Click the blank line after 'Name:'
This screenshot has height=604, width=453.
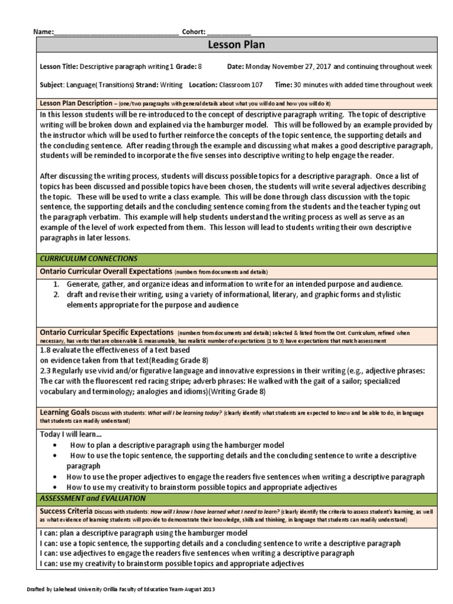[x=116, y=32]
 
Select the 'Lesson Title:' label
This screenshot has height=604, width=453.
[x=59, y=67]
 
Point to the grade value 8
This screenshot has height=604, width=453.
[x=200, y=67]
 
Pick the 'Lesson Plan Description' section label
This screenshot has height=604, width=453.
[x=75, y=103]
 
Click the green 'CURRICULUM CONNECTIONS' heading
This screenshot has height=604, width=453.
[x=88, y=258]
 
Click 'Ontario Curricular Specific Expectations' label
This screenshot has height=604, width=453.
[x=107, y=333]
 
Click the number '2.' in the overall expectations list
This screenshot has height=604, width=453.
[x=56, y=294]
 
